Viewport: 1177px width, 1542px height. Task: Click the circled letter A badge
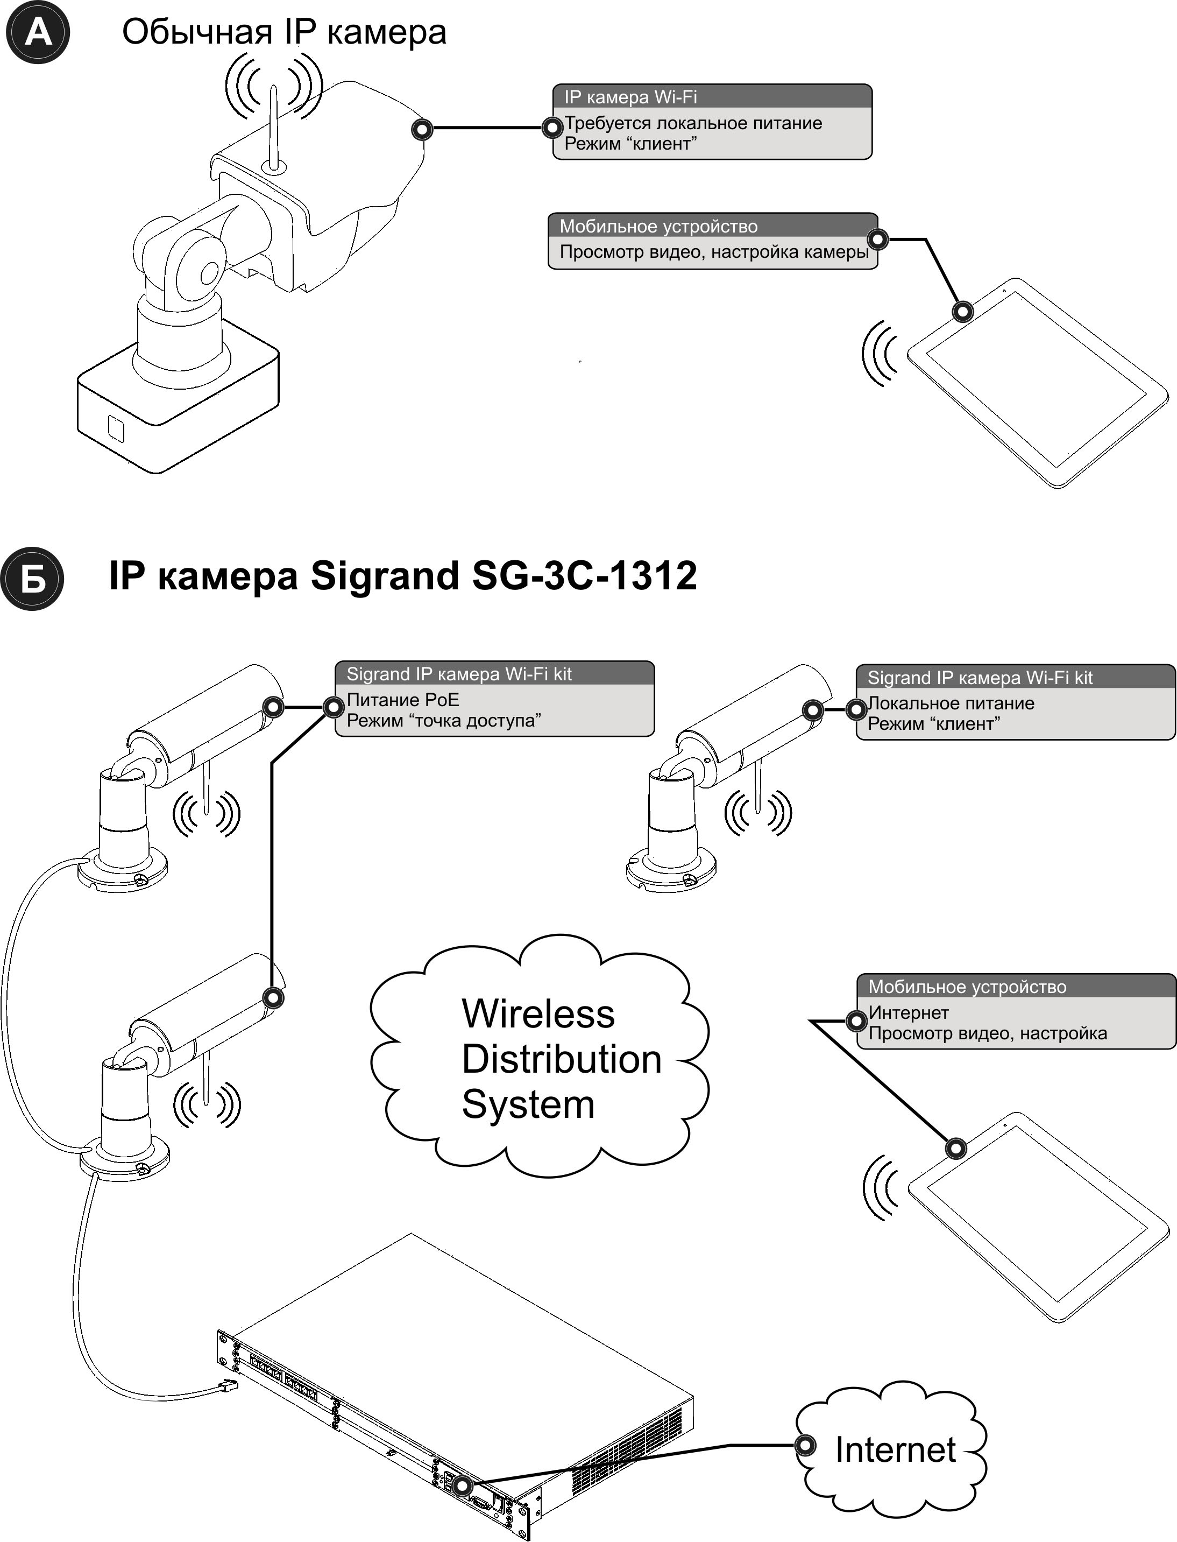point(37,32)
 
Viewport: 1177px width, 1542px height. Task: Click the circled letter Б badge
point(32,579)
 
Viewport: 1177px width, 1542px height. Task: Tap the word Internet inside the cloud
point(895,1449)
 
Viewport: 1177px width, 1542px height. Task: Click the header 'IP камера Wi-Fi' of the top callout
point(630,97)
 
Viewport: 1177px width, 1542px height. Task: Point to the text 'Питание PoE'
point(403,700)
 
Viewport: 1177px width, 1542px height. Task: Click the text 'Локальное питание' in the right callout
point(951,703)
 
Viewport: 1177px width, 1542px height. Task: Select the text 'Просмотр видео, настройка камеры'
point(713,252)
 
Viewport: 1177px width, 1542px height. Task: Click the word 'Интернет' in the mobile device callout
point(909,1012)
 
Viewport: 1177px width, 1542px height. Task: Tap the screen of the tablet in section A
point(1037,382)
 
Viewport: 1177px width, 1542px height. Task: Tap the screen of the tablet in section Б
point(1038,1216)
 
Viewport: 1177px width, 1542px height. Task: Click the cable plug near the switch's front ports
point(229,1386)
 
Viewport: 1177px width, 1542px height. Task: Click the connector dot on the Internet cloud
point(806,1445)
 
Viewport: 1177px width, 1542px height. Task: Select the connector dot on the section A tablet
point(964,311)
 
